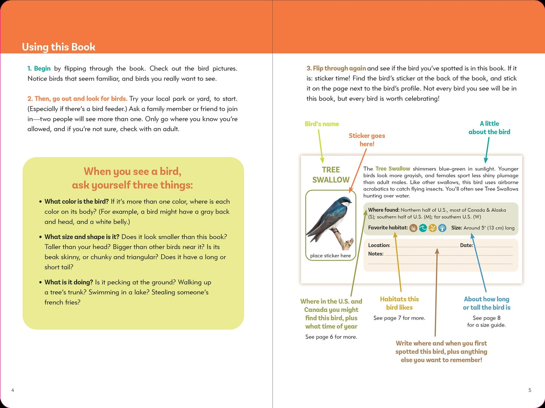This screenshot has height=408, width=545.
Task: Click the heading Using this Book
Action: [x=58, y=47]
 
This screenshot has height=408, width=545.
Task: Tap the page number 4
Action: [x=13, y=390]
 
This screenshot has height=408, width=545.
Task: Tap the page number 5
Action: [x=530, y=390]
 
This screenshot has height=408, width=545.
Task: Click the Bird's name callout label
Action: [x=322, y=124]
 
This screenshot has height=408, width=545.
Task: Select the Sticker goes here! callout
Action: [x=367, y=140]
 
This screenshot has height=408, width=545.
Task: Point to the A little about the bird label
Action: [x=489, y=128]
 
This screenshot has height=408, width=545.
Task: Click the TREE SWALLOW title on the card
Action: [x=331, y=175]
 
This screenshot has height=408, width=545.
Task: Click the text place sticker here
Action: [x=330, y=256]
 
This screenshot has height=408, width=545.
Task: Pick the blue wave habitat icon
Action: [x=423, y=228]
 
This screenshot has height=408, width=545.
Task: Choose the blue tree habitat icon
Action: [x=442, y=228]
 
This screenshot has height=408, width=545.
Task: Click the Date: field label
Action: [x=466, y=245]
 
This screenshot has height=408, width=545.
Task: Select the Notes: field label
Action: [x=376, y=254]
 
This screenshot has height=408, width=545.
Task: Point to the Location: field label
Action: [x=379, y=245]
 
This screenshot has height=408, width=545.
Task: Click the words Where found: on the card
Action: [x=384, y=210]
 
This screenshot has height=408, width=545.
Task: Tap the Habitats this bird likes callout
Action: [x=399, y=303]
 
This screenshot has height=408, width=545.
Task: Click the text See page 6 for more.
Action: [x=331, y=337]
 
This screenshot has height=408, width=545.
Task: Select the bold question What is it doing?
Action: [x=69, y=282]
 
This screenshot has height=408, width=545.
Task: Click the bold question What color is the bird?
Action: [x=77, y=202]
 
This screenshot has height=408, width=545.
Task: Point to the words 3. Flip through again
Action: [x=336, y=68]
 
